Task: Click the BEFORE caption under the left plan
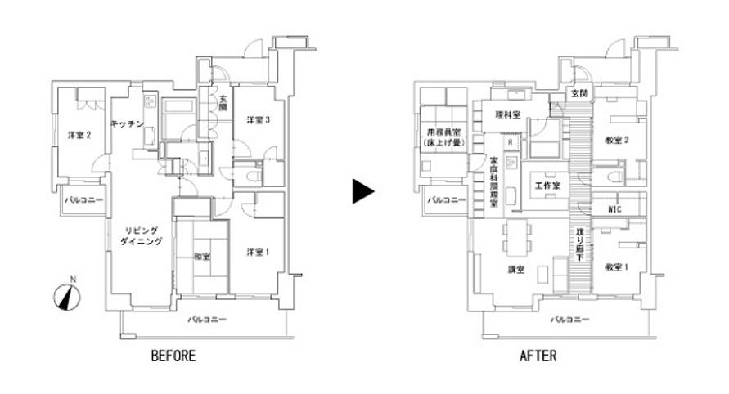[173, 356]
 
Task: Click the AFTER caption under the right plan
[538, 356]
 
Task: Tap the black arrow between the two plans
[362, 192]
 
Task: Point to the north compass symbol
[66, 296]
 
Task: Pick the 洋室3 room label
[259, 121]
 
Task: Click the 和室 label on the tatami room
[201, 257]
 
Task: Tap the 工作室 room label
[547, 186]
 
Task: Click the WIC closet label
[616, 209]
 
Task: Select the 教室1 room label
[616, 267]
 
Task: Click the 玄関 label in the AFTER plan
[579, 94]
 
